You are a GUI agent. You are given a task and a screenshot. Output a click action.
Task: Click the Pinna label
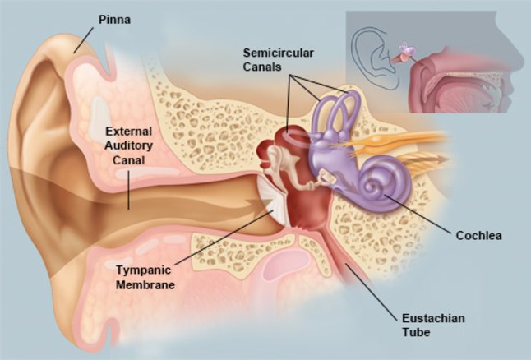114,20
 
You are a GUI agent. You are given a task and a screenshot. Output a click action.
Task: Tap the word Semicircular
279,53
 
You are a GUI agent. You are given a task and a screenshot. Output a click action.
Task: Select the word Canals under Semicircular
262,67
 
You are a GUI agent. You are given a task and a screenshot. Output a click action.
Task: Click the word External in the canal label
128,131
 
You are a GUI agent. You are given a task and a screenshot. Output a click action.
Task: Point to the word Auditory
129,145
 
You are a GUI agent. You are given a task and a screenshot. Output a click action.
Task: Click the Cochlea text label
478,235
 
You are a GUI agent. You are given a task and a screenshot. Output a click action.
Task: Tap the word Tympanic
144,270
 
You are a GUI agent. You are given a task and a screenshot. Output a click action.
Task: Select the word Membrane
145,285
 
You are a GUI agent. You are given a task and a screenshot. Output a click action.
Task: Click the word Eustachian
433,318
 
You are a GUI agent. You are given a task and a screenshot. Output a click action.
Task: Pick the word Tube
416,332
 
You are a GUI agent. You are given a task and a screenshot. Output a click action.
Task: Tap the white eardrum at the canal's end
272,202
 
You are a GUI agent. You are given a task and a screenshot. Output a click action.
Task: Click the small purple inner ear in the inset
407,51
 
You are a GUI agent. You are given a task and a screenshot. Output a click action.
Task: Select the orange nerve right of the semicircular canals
396,140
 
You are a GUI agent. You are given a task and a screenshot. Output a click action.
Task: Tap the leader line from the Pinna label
84,40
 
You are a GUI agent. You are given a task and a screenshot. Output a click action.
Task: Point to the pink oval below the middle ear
287,265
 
